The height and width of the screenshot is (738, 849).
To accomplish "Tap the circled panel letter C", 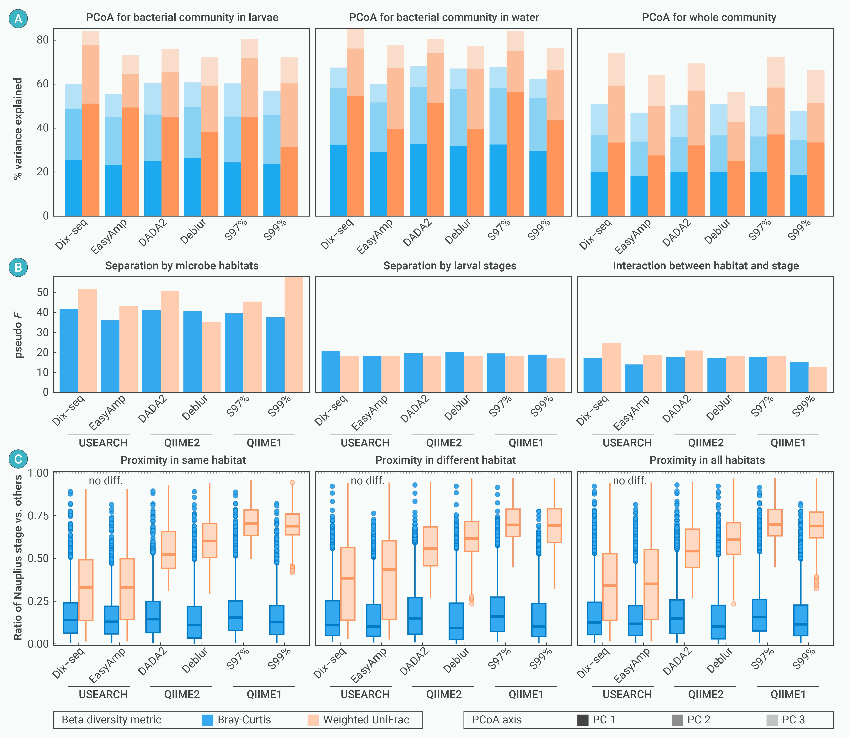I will tap(18, 459).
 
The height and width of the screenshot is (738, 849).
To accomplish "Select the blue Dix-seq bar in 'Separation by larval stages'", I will tap(331, 371).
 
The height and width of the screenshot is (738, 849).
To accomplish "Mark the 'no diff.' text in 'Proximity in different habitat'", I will tap(368, 481).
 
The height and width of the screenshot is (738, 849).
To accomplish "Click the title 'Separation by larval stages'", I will tap(450, 266).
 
